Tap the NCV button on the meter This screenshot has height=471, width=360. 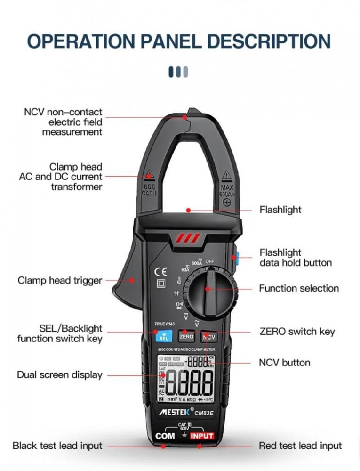click(x=208, y=337)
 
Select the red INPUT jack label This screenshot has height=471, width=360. click(x=202, y=436)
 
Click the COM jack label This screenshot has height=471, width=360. click(x=165, y=436)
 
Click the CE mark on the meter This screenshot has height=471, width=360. click(x=161, y=271)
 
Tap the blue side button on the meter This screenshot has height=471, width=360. click(x=235, y=258)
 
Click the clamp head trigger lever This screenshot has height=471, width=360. click(x=127, y=283)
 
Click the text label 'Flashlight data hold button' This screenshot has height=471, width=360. click(x=295, y=258)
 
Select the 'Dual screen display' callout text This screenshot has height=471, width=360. click(x=60, y=375)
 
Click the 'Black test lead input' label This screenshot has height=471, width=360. click(x=57, y=445)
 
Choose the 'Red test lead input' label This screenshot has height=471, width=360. click(x=300, y=445)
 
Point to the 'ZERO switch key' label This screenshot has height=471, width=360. click(x=297, y=331)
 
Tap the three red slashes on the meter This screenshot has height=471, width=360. click(x=187, y=238)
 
